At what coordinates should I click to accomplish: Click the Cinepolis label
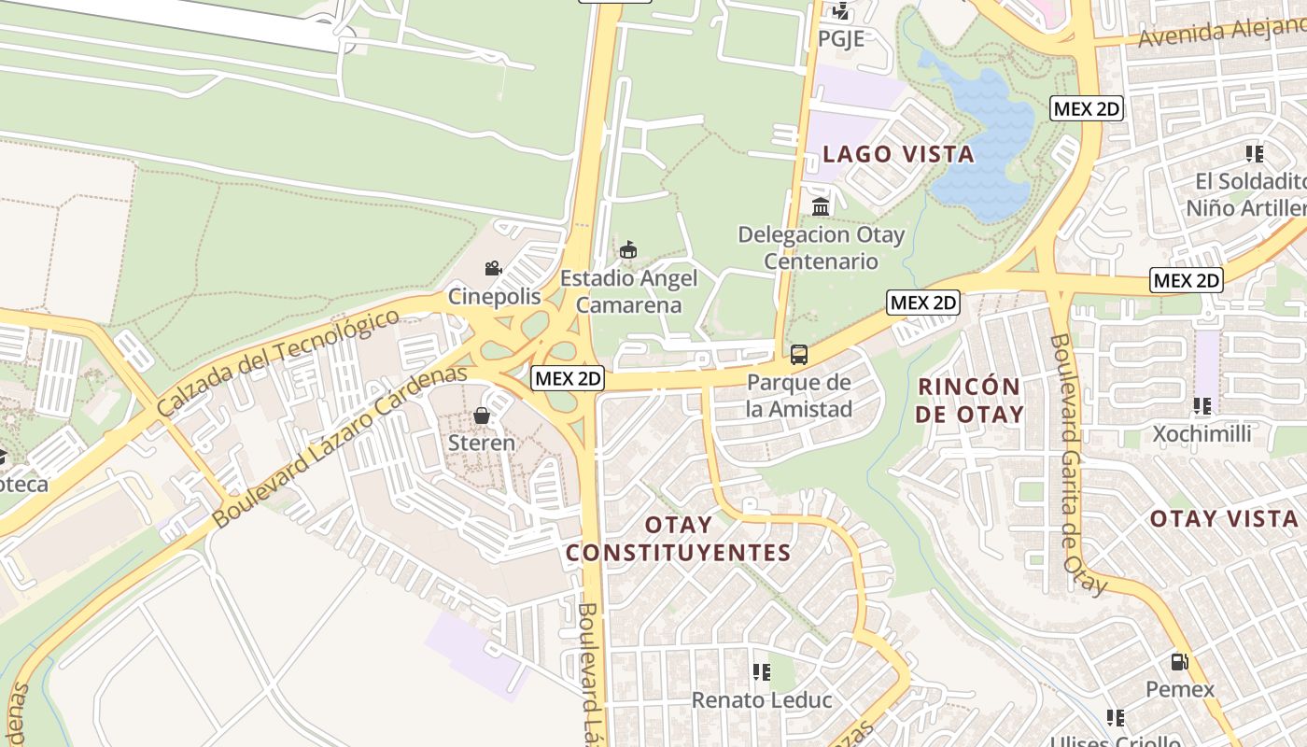click(x=494, y=297)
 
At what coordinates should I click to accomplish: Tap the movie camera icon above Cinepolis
click(x=493, y=269)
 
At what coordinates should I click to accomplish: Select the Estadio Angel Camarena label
click(x=628, y=291)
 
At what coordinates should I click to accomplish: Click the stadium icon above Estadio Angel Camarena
click(x=628, y=250)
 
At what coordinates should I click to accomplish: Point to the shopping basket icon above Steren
click(x=482, y=415)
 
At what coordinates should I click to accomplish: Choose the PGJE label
click(x=841, y=38)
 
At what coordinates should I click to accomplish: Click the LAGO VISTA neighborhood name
click(x=898, y=154)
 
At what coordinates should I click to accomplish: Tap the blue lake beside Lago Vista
click(x=985, y=140)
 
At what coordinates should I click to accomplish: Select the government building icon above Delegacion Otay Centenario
click(x=821, y=206)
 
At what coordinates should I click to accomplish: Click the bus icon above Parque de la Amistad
click(x=799, y=355)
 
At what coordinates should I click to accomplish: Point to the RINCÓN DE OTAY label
click(x=970, y=400)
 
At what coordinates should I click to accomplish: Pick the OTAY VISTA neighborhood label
click(x=1223, y=519)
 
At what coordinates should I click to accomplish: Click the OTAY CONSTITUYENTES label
click(x=679, y=539)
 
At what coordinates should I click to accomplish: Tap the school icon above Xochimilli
click(x=1202, y=406)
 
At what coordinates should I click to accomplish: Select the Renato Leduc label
click(x=762, y=699)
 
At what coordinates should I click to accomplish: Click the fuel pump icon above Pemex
click(x=1180, y=662)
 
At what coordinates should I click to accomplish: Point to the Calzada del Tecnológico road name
click(x=278, y=363)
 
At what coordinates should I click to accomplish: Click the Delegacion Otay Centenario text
click(x=822, y=247)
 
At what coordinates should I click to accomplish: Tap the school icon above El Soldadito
click(x=1254, y=153)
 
